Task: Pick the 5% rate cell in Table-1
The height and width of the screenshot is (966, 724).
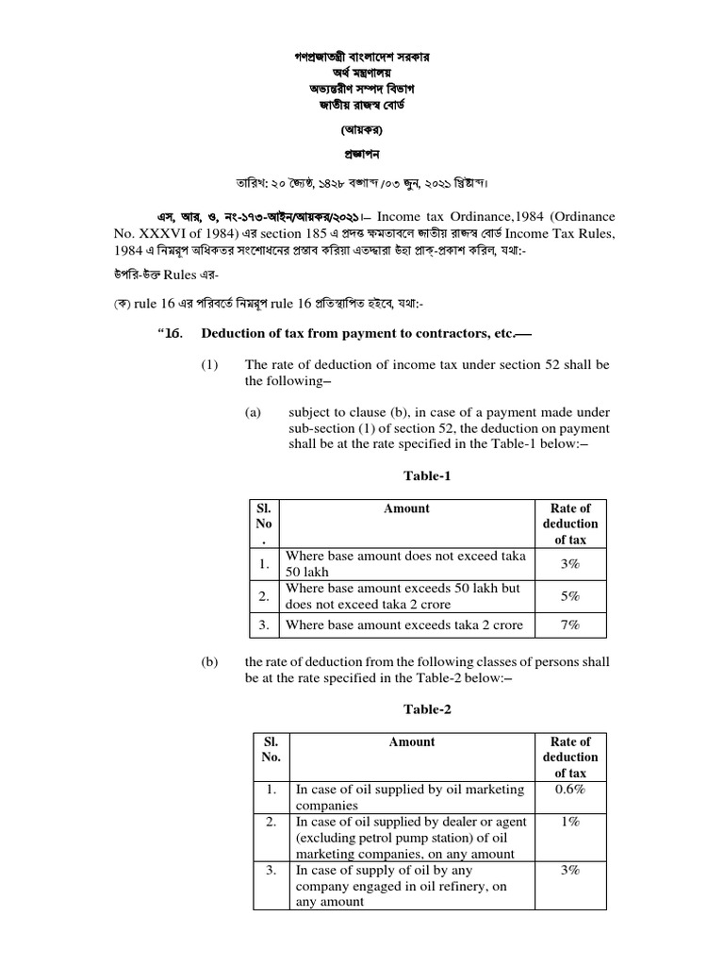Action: pyautogui.click(x=569, y=595)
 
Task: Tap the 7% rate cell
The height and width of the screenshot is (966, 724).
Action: pyautogui.click(x=569, y=625)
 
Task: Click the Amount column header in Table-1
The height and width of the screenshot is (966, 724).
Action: pyautogui.click(x=406, y=508)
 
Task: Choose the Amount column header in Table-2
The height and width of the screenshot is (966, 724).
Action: pyautogui.click(x=412, y=741)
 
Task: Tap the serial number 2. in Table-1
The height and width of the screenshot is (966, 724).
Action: pyautogui.click(x=264, y=595)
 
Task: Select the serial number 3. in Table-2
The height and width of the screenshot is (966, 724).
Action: pyautogui.click(x=271, y=870)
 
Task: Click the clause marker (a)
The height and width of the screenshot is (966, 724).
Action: pyautogui.click(x=253, y=413)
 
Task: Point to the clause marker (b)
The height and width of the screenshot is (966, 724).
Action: pyautogui.click(x=209, y=663)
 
